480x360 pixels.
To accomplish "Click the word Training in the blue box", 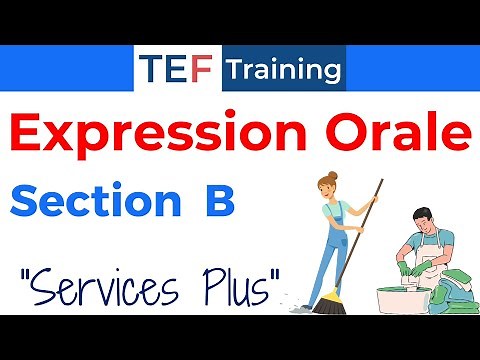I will click(x=283, y=71).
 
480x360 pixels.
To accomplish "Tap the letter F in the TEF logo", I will click(x=201, y=71).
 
